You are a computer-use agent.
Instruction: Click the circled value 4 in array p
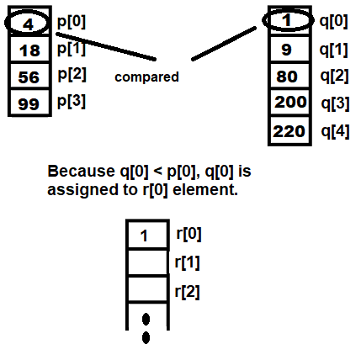[28, 24]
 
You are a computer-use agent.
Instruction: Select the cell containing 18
[29, 49]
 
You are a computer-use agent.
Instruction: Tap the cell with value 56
[29, 76]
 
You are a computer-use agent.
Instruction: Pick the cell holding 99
[29, 102]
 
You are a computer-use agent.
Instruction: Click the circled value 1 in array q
[286, 20]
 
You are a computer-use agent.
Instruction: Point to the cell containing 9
[289, 48]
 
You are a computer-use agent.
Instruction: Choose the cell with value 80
[289, 75]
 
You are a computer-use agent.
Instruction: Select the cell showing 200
[289, 102]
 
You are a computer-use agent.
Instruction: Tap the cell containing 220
[289, 130]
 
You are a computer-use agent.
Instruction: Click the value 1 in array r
[144, 236]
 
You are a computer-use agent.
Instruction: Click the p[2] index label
[72, 74]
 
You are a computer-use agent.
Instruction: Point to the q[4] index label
[335, 131]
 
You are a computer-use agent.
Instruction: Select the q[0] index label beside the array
[333, 21]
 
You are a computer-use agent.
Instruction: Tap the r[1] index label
[187, 262]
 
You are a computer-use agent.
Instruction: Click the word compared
[146, 77]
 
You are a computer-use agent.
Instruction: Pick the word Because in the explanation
[82, 171]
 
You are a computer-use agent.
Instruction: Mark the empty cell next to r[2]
[147, 289]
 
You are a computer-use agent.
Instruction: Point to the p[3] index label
[72, 101]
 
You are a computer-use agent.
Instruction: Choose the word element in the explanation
[205, 189]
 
